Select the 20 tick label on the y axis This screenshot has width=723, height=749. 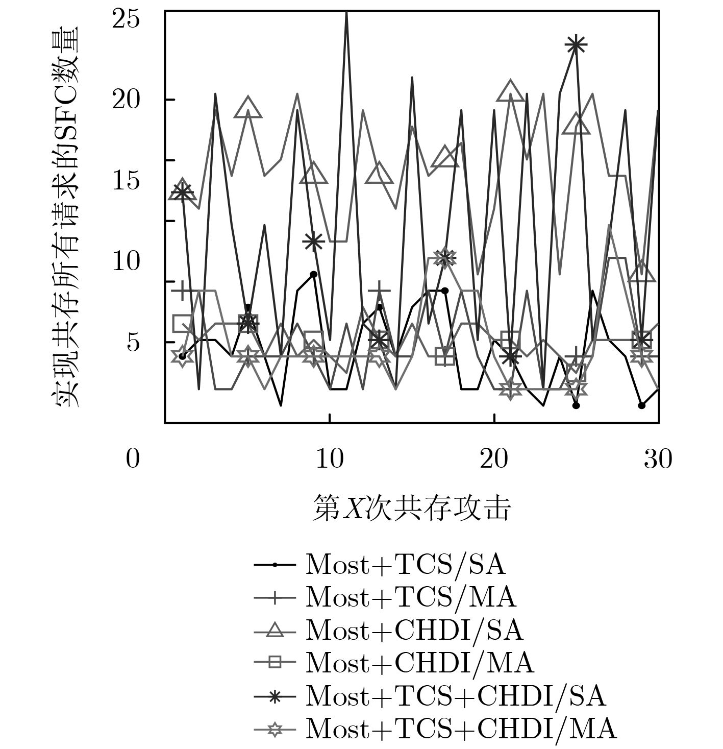(126, 100)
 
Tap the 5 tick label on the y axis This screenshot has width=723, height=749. (133, 342)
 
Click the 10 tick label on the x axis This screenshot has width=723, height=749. (329, 459)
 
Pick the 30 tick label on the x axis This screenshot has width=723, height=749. (658, 459)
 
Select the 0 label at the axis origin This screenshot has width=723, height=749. (133, 459)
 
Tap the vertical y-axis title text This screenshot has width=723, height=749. (66, 217)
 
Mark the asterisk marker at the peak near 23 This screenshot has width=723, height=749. (576, 45)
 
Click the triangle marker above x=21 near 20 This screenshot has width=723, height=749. (510, 92)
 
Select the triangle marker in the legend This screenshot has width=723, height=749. (275, 631)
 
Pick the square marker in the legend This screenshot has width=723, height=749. (275, 663)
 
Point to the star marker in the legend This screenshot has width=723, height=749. (275, 729)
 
